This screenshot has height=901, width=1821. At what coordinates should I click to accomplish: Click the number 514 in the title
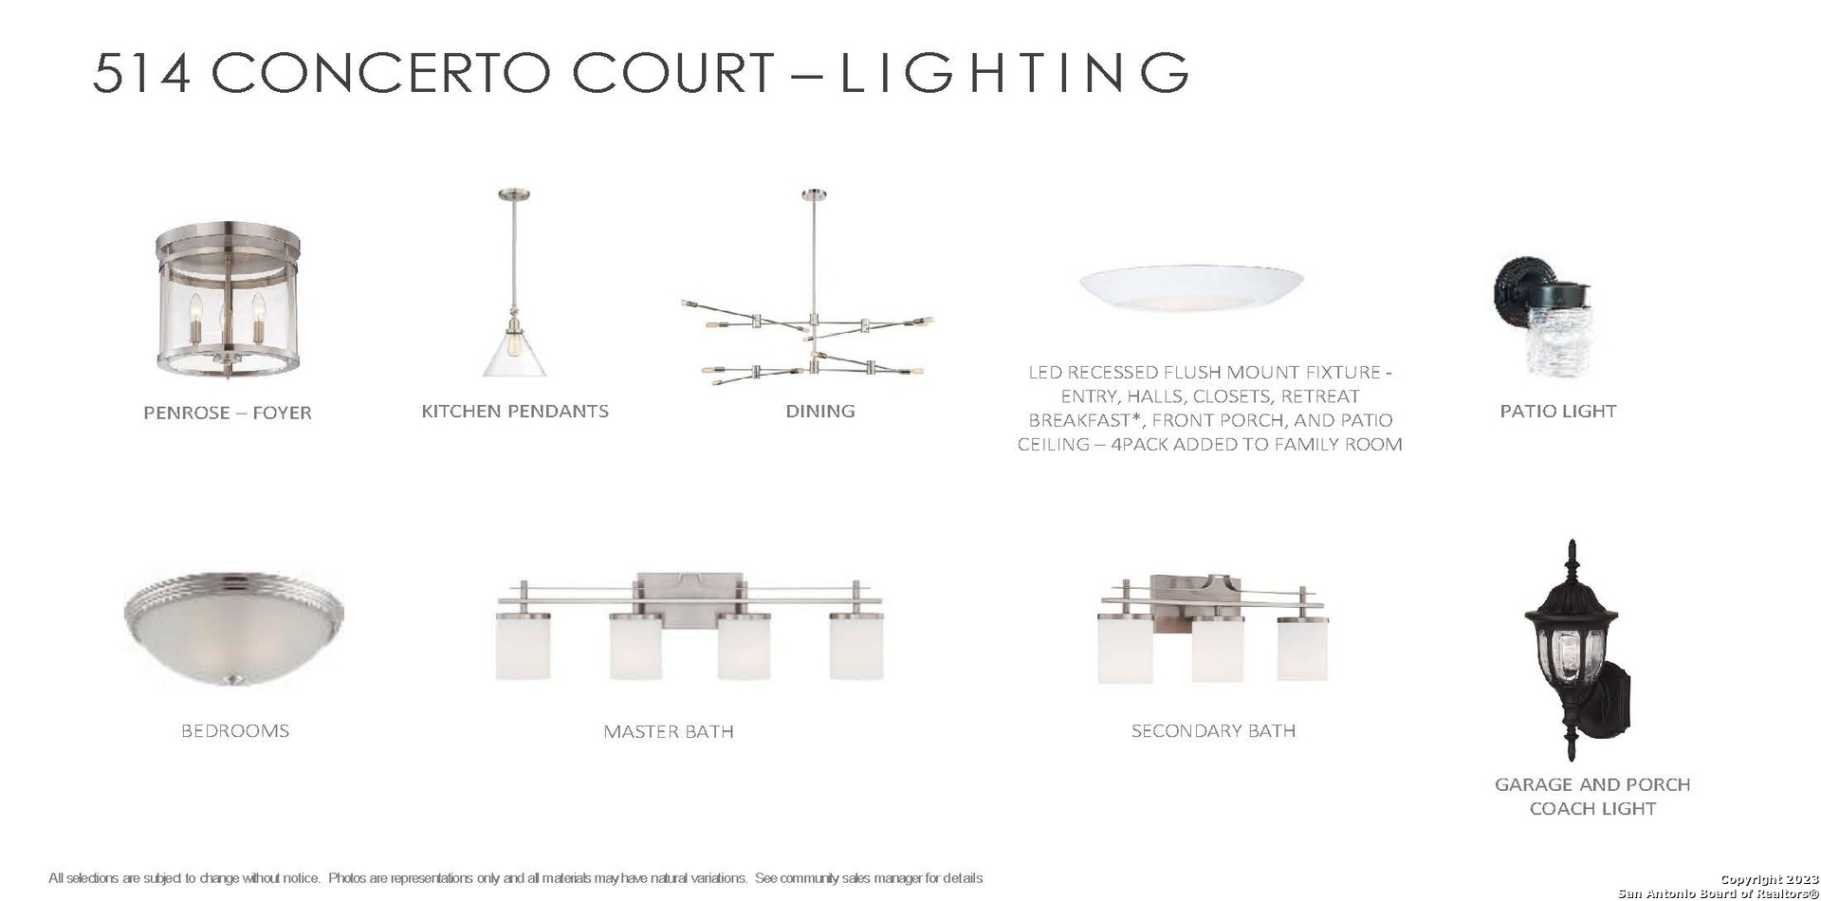click(141, 73)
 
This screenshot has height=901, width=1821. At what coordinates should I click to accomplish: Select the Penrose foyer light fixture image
click(229, 299)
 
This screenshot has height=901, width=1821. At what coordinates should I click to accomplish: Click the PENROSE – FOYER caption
click(228, 413)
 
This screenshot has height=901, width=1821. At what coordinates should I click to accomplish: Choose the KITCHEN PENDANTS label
click(515, 411)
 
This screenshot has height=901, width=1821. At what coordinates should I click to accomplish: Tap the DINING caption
click(820, 411)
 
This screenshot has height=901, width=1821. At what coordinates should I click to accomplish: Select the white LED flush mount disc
click(1191, 287)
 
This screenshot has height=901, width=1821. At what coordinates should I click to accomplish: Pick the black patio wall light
click(1543, 315)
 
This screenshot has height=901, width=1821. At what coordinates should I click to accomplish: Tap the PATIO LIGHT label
click(1558, 411)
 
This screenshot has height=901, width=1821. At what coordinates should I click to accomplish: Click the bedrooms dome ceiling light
click(234, 629)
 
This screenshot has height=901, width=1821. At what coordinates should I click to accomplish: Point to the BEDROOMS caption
click(235, 731)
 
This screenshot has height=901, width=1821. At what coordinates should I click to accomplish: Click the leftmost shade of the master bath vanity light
click(523, 646)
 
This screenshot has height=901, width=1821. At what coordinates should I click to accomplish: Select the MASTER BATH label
click(669, 731)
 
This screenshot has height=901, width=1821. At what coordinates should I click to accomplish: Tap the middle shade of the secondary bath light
click(1217, 649)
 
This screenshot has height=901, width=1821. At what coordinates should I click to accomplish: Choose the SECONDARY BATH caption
click(1213, 730)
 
